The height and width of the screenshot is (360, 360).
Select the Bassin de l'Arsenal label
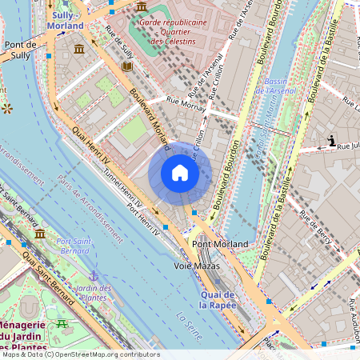[278, 86]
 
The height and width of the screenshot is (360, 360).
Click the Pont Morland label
[219, 243]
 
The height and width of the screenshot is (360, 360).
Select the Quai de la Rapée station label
[215, 299]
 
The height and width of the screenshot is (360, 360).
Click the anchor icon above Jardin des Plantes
[94, 274]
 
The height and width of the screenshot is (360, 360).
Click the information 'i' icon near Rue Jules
[331, 141]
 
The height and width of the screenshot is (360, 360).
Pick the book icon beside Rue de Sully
[126, 68]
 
